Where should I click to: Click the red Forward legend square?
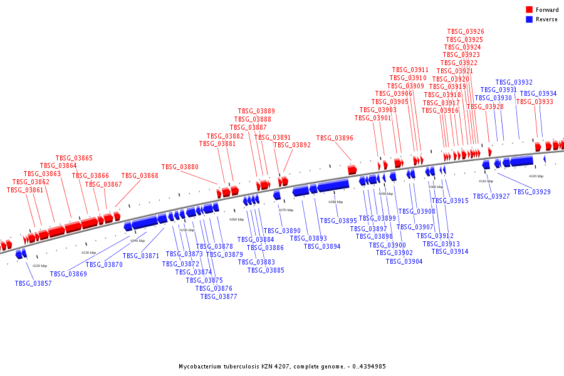point(530,10)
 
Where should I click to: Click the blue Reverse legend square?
point(530,19)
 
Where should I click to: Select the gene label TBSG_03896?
point(335,138)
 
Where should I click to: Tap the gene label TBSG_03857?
point(33,283)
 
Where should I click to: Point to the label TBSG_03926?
point(466,31)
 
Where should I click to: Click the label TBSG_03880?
point(180,167)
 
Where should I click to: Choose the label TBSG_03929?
point(532,192)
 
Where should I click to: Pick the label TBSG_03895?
point(338,221)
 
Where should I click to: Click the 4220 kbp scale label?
point(39,266)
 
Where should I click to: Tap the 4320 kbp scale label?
point(536,176)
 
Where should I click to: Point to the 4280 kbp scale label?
point(336,202)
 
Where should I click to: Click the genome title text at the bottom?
point(282,366)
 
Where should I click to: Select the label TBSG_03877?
point(219,296)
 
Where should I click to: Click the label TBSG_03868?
point(140,176)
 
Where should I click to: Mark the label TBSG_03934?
point(538,94)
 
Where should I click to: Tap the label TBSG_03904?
point(404,261)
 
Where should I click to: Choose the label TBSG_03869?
point(68,274)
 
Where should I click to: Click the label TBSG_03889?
point(256,111)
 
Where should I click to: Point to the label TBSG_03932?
point(514,82)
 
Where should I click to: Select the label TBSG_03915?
point(450,201)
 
